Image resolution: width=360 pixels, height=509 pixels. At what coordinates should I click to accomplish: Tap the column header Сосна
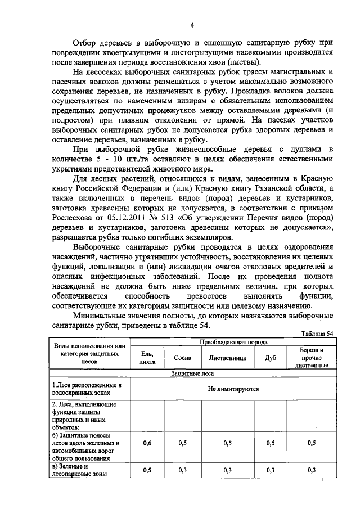tap(183, 357)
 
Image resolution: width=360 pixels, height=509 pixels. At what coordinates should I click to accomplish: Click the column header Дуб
tap(271, 357)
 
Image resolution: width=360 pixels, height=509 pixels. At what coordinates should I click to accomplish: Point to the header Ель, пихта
tap(147, 357)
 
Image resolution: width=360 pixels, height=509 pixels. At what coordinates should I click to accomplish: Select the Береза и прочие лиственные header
tap(311, 357)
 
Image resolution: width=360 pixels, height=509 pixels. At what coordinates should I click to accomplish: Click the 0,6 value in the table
tap(147, 443)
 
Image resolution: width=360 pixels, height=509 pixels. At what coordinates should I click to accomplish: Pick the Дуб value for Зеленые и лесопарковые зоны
tap(271, 470)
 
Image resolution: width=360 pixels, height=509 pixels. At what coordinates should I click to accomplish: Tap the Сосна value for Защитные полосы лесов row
tap(183, 443)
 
